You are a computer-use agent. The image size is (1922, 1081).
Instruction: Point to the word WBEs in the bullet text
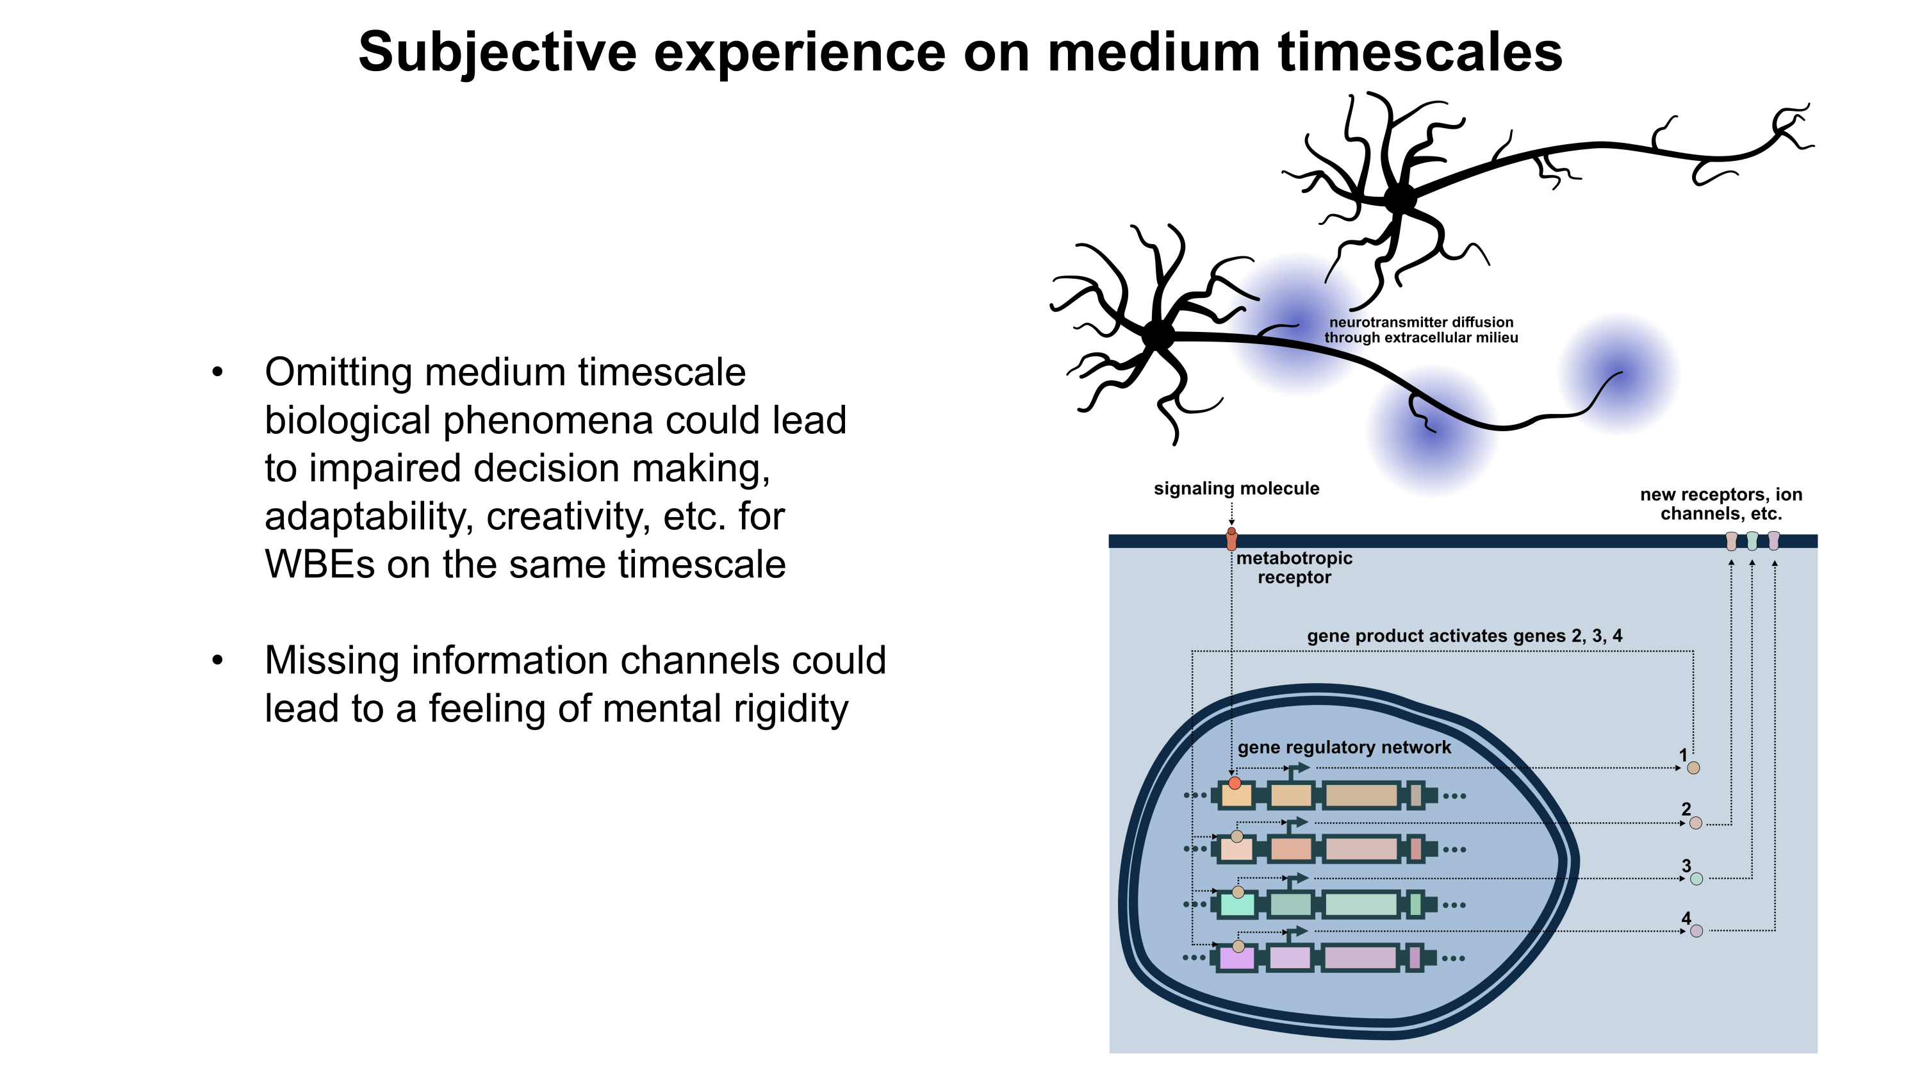319,565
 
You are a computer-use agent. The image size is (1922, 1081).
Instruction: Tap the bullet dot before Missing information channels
217,660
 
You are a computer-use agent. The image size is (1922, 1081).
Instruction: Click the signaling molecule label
1236,489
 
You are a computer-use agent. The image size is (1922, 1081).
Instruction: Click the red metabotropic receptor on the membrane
1232,540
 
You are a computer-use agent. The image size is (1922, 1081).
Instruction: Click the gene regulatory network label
1343,748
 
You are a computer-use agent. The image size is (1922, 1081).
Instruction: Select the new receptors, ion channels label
1721,504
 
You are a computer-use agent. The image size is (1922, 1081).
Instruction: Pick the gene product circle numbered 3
1696,879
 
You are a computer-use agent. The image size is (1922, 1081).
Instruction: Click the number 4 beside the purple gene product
1686,918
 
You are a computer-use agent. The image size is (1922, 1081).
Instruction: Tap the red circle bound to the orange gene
1235,783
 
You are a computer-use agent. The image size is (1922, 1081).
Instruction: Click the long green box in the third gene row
1361,905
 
